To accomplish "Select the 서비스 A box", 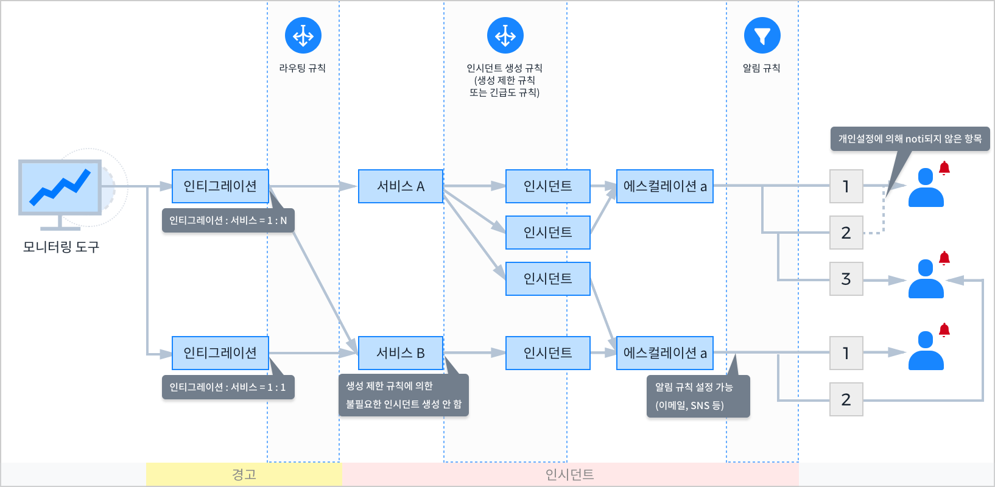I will point(400,186).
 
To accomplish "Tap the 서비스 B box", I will point(400,353).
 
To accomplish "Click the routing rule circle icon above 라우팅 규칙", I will point(303,35).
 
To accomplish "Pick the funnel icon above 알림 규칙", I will point(762,35).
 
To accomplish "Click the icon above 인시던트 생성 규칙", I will point(505,35).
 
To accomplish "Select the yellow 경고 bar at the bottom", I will point(244,474).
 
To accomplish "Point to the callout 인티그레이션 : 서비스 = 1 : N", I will point(228,220).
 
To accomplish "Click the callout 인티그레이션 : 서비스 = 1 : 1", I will point(228,387).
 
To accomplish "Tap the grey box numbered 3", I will point(846,279).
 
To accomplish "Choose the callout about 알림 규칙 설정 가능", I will point(698,396).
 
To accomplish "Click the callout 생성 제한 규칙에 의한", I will point(403,395).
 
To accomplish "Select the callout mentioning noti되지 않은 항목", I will point(910,139).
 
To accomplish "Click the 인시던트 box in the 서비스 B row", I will point(547,353).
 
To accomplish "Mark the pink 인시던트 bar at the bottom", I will point(569,474).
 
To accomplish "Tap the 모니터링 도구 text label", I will point(61,247).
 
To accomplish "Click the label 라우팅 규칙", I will point(303,68).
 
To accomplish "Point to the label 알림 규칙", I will point(761,68).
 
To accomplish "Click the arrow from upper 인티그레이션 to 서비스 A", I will point(312,186).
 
